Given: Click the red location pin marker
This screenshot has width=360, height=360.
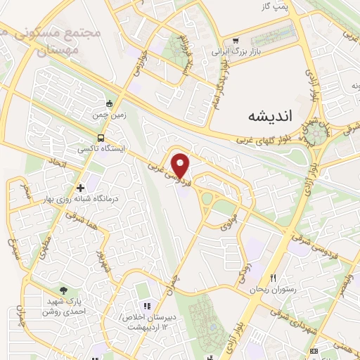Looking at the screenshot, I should (x=181, y=165).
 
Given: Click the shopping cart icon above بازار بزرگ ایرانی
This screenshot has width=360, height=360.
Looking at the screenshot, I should (x=236, y=40).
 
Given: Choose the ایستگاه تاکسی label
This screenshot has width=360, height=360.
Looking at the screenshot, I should (x=102, y=150).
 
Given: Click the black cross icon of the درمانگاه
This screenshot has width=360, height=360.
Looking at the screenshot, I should (x=80, y=188).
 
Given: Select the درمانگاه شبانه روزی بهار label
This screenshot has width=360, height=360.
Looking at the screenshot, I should (x=79, y=200).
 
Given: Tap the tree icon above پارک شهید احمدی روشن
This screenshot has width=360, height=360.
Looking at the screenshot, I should (x=64, y=290).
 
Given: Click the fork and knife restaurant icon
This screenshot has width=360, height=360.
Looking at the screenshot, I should (x=273, y=278).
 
